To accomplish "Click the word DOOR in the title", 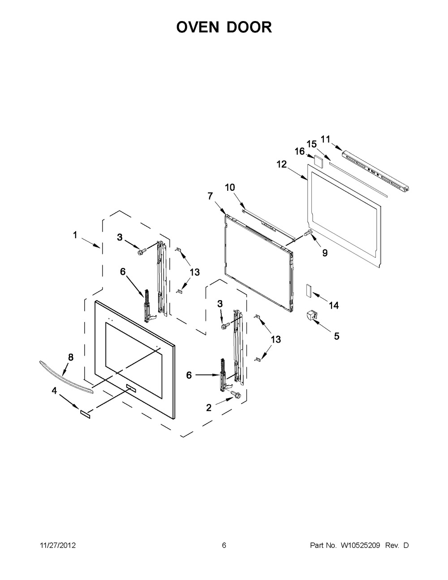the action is (x=249, y=27).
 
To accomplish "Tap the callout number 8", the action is (x=70, y=357).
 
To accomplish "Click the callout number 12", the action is (x=281, y=164).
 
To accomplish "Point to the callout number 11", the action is (x=325, y=139).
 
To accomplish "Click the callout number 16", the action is (x=300, y=151).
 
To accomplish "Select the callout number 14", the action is (x=334, y=305).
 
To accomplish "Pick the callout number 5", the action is (x=336, y=336).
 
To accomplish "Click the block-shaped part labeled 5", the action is (x=311, y=315).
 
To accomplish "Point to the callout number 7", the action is (x=211, y=196).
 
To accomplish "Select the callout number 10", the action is (x=230, y=187).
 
